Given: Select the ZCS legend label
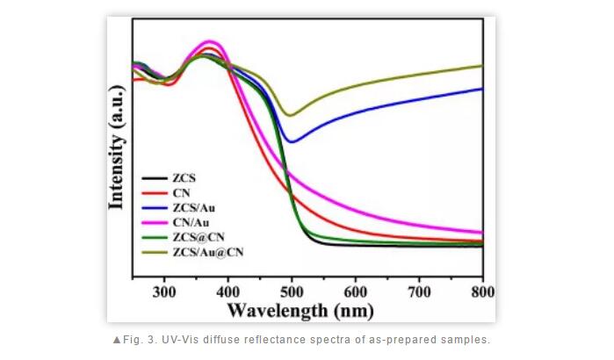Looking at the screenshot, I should (184, 177).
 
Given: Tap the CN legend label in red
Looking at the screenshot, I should (181, 192).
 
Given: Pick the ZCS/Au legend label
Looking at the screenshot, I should (192, 207).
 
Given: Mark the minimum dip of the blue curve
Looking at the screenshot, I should (293, 141).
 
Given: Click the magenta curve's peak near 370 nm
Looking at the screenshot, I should (209, 41).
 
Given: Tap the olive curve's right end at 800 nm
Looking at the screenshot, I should (482, 66).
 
